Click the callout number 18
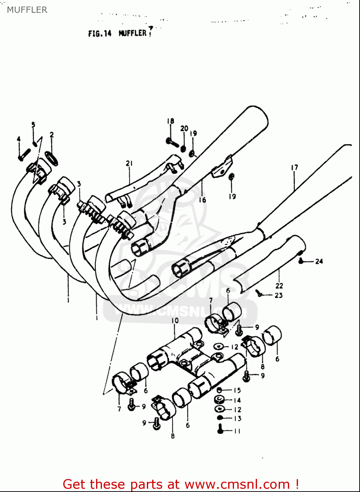coord(170,121)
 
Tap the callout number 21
coord(129,163)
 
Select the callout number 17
coord(294,168)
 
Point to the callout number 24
coord(319,261)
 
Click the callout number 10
coord(175,320)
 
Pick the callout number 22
coord(279,285)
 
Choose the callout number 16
coord(202,200)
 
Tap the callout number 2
coord(52,134)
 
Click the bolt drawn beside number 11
coord(220,429)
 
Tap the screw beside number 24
coord(301,261)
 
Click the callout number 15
coord(237,390)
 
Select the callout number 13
coord(237,419)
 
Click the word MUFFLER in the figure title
coord(132,33)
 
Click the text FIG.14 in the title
coord(100,33)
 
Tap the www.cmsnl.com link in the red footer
coord(237,484)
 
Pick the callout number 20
coord(184,128)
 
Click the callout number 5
coord(33,125)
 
